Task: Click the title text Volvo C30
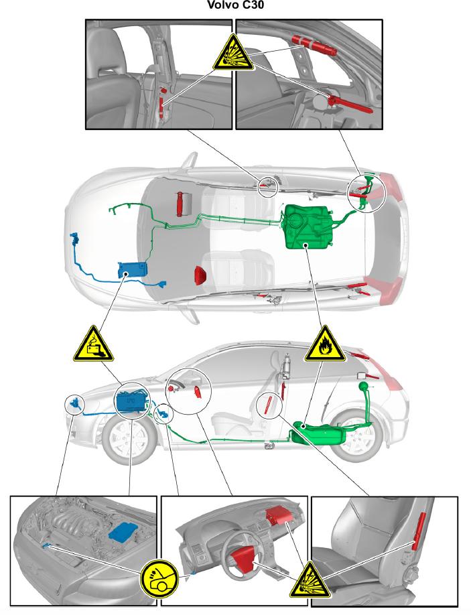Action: pyautogui.click(x=234, y=7)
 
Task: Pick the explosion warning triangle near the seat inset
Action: pyautogui.click(x=307, y=580)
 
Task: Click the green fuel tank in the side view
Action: pyautogui.click(x=320, y=433)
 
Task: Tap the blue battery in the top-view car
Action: pyautogui.click(x=133, y=270)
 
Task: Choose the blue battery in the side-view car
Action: pyautogui.click(x=132, y=402)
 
